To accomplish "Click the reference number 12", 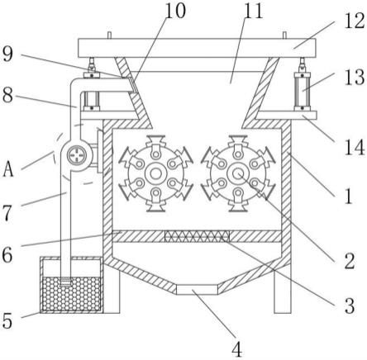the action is (x=355, y=21).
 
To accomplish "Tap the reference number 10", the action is (x=175, y=11).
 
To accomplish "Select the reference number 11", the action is (x=254, y=11).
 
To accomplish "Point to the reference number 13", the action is (x=355, y=77).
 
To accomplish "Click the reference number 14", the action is (x=355, y=147).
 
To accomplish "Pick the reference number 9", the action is (x=7, y=54).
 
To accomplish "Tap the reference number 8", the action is (x=7, y=95).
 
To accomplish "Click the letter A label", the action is (x=8, y=169).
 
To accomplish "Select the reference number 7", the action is (x=7, y=212).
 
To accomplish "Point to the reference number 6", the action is (x=7, y=255).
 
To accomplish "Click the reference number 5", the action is (x=7, y=320).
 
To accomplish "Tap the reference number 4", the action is (x=237, y=349).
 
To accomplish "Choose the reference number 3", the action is (x=350, y=306).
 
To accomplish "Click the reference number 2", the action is (x=350, y=261).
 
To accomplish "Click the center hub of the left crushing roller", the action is (x=156, y=173).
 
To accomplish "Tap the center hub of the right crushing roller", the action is (x=238, y=173).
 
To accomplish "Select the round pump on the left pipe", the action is (x=76, y=154).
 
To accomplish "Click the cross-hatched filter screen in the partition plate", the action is (x=197, y=236).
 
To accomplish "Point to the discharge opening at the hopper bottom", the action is (x=197, y=290).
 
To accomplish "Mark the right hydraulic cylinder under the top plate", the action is (x=303, y=90).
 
